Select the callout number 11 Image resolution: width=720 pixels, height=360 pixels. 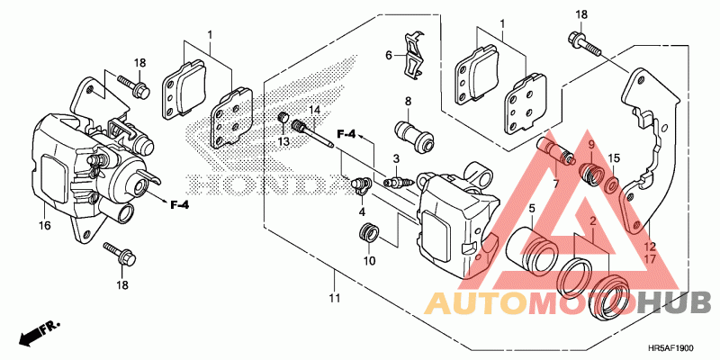(x=336, y=298)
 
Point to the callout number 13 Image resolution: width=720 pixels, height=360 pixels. (x=283, y=142)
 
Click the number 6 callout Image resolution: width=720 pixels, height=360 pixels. (x=390, y=55)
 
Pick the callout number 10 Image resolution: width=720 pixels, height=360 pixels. (x=369, y=262)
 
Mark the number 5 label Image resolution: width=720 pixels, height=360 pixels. (x=532, y=208)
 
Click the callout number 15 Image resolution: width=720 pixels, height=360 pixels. (x=614, y=158)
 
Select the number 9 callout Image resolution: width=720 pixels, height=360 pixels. (x=591, y=144)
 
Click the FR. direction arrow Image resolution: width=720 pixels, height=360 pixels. (x=34, y=334)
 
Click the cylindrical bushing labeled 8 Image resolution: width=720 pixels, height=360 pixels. (x=415, y=135)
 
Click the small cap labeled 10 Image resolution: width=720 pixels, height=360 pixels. (x=368, y=236)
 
